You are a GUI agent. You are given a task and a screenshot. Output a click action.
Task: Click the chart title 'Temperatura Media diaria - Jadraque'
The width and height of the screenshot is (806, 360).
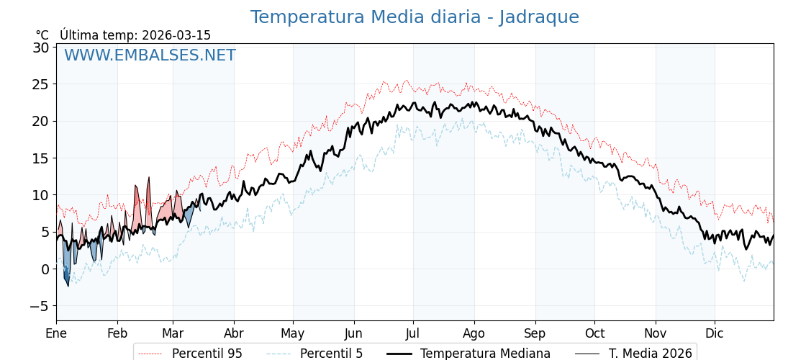click(x=415, y=17)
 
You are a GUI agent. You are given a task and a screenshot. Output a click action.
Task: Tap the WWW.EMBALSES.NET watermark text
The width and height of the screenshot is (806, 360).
click(x=150, y=55)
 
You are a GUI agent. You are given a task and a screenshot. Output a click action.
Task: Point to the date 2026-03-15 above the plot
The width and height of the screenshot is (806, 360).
click(x=176, y=35)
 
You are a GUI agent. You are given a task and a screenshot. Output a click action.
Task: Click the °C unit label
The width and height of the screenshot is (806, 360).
click(x=42, y=35)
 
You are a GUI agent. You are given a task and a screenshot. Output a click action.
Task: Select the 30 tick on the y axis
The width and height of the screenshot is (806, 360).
click(x=40, y=48)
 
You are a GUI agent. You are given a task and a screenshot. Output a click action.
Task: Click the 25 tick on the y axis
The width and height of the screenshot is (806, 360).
click(x=40, y=84)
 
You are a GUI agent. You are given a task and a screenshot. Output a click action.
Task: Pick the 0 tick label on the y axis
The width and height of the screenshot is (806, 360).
click(x=45, y=269)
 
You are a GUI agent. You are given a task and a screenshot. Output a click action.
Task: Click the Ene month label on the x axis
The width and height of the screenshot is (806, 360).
click(x=56, y=333)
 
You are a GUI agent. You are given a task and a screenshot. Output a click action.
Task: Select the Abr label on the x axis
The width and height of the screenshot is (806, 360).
click(x=234, y=333)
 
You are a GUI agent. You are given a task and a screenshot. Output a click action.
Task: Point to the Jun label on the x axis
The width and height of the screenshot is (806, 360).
click(x=353, y=333)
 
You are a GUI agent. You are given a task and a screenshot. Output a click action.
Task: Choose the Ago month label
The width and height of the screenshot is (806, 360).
click(x=474, y=333)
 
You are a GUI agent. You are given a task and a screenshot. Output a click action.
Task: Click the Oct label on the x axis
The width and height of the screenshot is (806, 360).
click(x=594, y=333)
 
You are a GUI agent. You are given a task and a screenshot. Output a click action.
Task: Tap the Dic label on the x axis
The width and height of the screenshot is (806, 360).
click(x=715, y=333)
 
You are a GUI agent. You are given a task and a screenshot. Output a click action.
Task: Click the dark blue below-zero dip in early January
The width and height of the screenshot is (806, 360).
click(x=66, y=276)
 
